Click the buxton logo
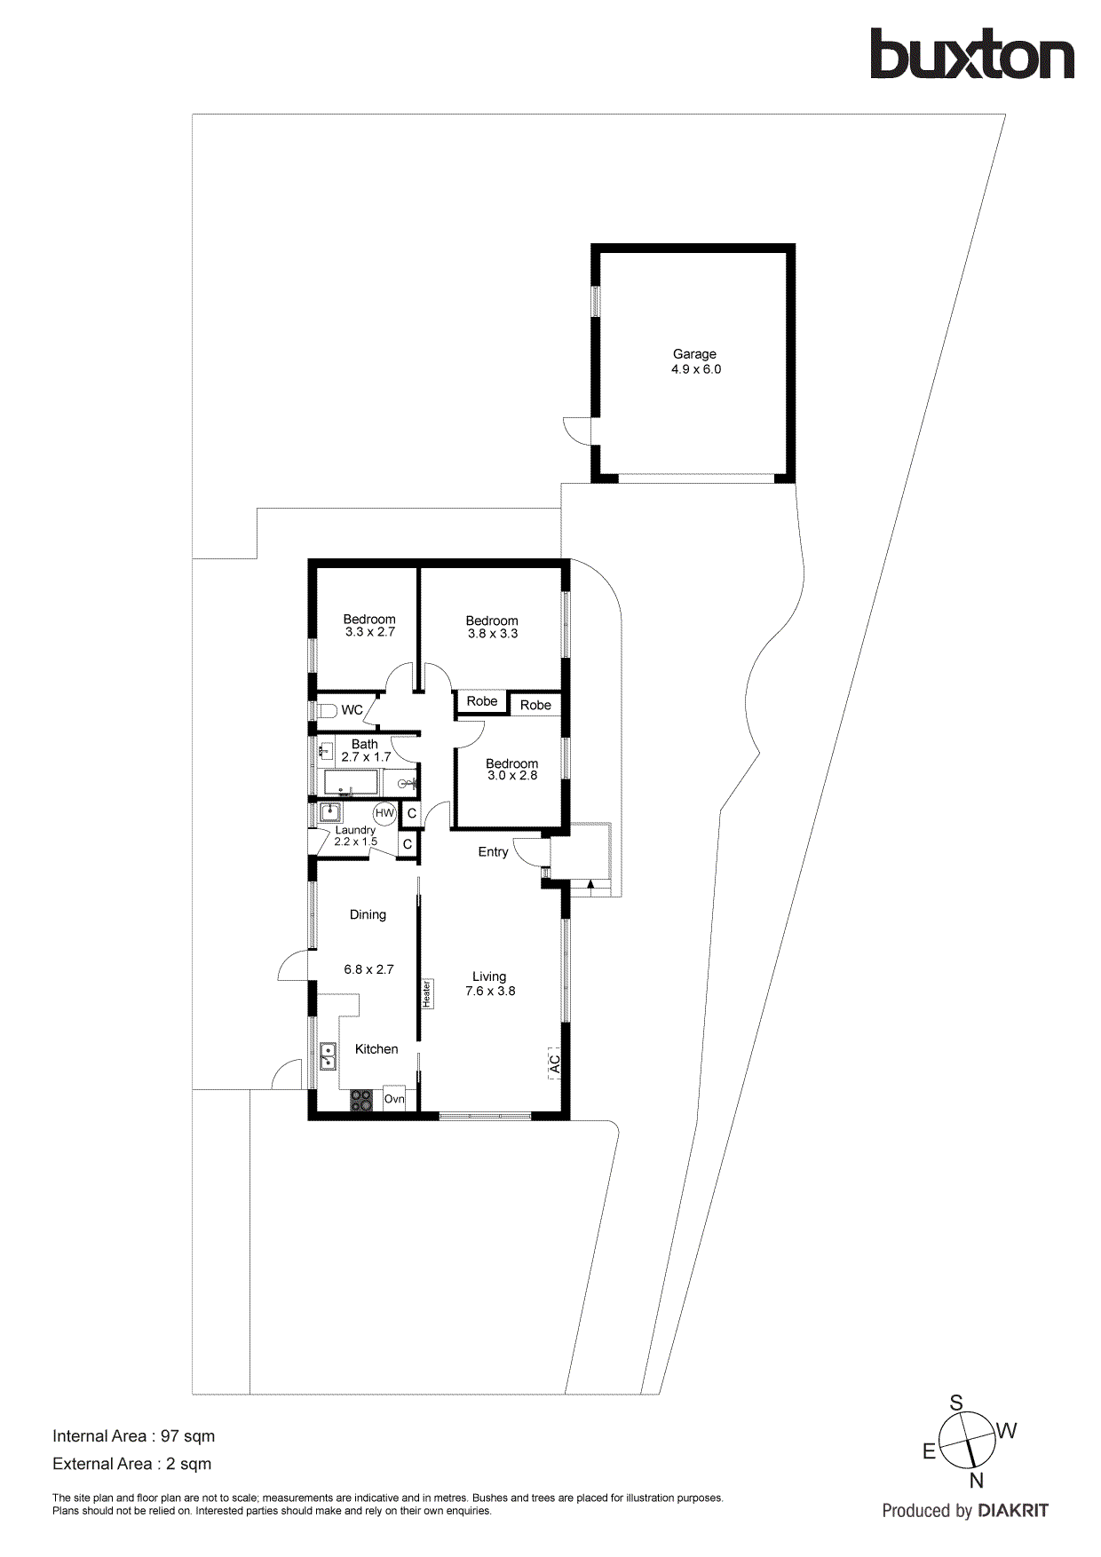coord(971,55)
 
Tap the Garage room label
coord(694,353)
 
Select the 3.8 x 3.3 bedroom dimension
coord(493,634)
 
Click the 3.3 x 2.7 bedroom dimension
coord(369,632)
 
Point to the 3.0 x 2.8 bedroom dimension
coord(512,776)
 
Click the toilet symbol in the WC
coord(325,710)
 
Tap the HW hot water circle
coord(384,813)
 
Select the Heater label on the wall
coord(427,993)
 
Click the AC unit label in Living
coord(555,1063)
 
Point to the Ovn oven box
coord(394,1099)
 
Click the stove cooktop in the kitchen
coord(361,1100)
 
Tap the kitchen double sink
coord(328,1056)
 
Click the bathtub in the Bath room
coord(351,783)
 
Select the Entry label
coord(493,852)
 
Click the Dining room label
coord(368,914)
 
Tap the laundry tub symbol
coord(329,811)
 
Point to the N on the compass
coord(976,1481)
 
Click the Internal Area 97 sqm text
coord(133,1436)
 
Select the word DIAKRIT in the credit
coord(1013,1511)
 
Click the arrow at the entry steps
coord(590,883)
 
